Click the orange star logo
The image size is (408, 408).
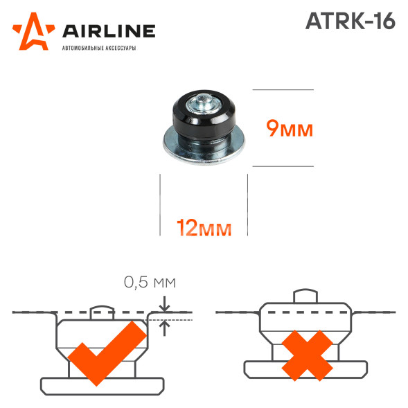34,33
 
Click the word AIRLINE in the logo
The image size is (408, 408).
109,31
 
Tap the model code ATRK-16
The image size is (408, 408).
351,21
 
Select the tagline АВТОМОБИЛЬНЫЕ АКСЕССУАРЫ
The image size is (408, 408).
99,48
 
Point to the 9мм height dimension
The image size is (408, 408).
290,129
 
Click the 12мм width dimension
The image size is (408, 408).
204,228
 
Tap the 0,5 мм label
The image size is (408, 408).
150,283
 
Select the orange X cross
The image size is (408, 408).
307,355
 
